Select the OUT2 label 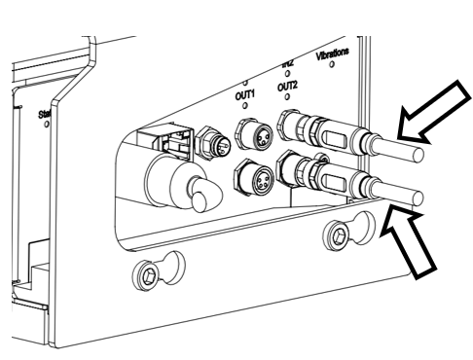click(287, 86)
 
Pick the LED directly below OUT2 click(288, 97)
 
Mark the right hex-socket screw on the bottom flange click(340, 234)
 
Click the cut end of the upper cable click(418, 154)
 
